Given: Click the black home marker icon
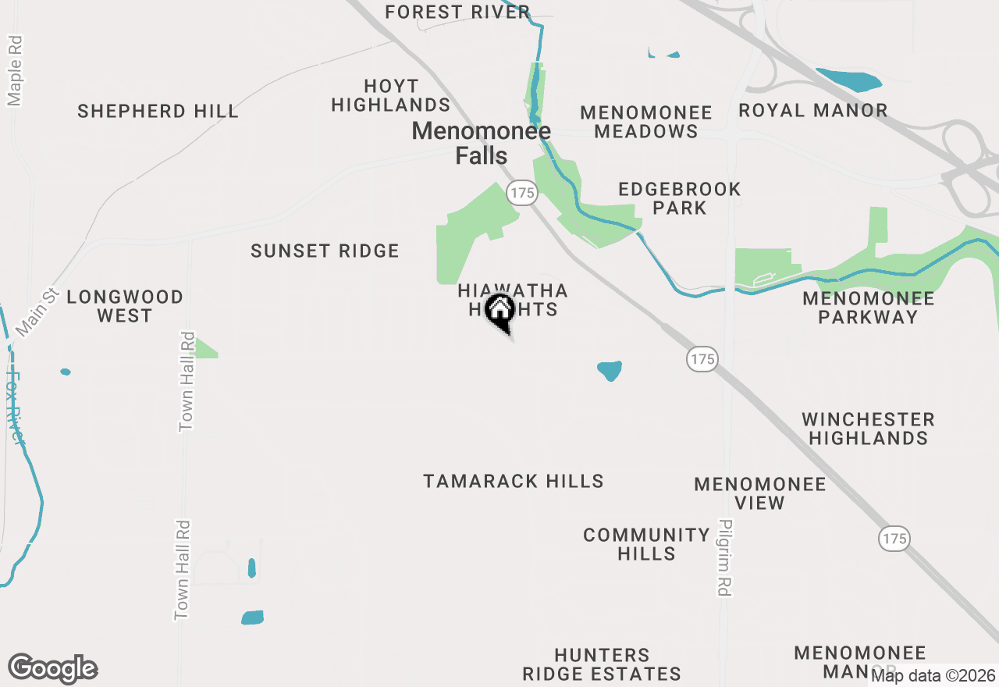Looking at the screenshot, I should [499, 311].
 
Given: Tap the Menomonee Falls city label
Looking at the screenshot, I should [482, 143].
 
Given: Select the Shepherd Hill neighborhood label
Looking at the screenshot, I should [158, 111].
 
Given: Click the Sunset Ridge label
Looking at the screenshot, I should [325, 251].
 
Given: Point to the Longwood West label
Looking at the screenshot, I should [125, 306].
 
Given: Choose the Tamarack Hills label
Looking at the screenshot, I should [514, 481].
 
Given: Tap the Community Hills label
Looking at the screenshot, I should [646, 544].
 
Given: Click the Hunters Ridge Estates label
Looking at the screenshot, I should [602, 664].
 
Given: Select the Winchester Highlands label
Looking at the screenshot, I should [868, 429].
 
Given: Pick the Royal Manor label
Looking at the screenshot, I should [813, 110].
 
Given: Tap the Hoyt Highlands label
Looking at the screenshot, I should [391, 95].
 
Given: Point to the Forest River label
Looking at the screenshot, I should [457, 12].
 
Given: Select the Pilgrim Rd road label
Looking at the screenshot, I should [726, 557].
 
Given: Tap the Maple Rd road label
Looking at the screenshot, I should [15, 69].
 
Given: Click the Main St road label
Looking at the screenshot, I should [37, 312].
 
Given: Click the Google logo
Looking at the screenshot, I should [53, 669].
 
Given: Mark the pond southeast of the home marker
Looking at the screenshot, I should [610, 370].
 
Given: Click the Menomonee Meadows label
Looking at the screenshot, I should [646, 122].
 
